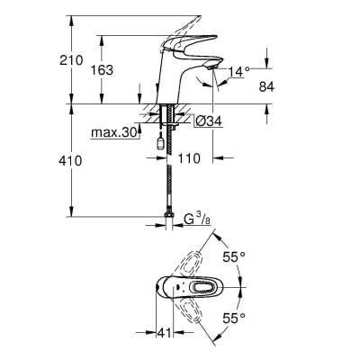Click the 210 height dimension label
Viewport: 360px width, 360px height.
point(71,60)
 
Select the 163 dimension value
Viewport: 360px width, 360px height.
point(102,70)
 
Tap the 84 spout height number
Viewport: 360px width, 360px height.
point(266,87)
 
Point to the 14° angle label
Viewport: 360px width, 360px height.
point(238,72)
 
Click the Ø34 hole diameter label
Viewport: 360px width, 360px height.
point(209,121)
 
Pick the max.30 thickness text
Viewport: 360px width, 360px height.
point(114,132)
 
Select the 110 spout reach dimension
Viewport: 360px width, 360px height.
point(189,158)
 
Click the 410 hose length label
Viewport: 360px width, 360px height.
point(71,161)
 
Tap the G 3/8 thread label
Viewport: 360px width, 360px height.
point(197,220)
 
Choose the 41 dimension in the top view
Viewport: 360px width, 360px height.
point(164,333)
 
